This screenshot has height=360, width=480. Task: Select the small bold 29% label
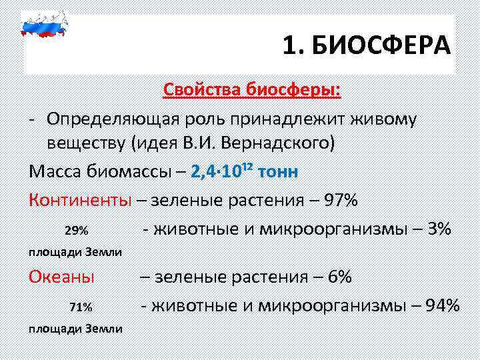coord(77,230)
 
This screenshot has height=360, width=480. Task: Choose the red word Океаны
coord(61,277)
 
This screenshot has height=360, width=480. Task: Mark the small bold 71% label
coord(80,307)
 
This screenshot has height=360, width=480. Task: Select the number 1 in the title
coord(288,47)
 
